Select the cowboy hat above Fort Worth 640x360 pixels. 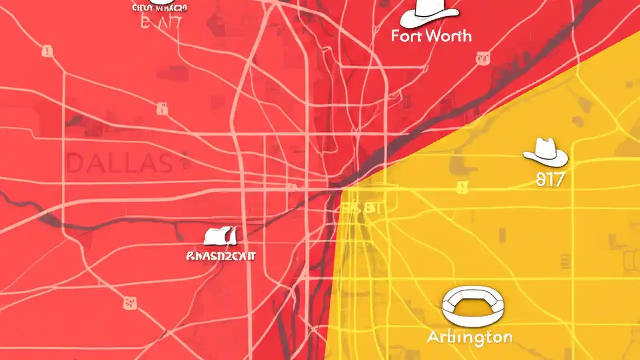point(429,14)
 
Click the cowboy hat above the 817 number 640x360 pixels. point(545,152)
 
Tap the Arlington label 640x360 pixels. point(470,337)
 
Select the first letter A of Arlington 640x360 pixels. point(433,337)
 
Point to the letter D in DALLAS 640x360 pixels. point(76,164)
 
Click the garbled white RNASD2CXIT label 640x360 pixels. point(220,256)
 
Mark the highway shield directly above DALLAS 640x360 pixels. point(162,107)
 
